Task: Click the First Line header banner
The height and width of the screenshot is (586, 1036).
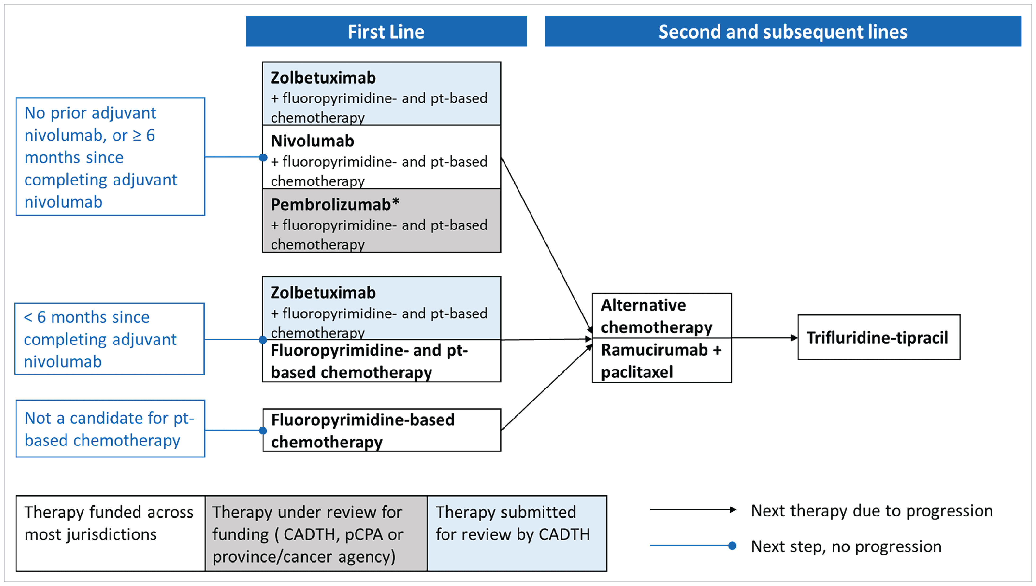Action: click(x=386, y=31)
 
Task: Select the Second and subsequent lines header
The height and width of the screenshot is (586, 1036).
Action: click(x=782, y=31)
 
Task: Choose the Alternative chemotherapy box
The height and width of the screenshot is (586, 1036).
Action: click(x=661, y=316)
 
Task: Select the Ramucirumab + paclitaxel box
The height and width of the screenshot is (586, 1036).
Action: click(x=661, y=360)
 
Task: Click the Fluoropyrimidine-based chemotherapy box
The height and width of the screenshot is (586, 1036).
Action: click(x=382, y=430)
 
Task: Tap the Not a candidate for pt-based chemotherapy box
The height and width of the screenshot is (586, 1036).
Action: click(x=110, y=429)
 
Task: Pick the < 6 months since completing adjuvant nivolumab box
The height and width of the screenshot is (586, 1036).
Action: click(x=110, y=339)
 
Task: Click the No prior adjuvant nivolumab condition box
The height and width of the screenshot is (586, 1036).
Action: click(x=110, y=157)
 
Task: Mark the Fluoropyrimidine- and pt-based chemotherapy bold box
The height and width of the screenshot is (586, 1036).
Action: click(x=382, y=361)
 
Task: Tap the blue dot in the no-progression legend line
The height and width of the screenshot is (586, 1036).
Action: click(x=732, y=546)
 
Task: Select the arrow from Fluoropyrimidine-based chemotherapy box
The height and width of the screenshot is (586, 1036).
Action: click(x=545, y=388)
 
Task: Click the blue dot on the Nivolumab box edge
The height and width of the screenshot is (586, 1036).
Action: click(x=263, y=157)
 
